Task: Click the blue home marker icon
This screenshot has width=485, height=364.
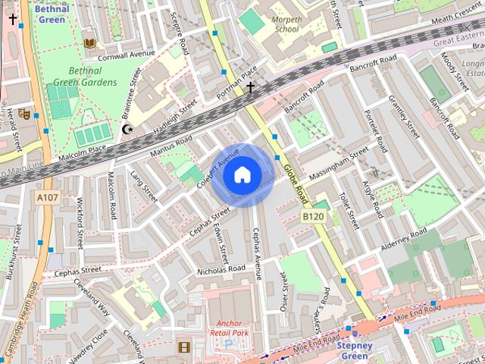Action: [242, 175]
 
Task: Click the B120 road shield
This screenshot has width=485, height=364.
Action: [314, 217]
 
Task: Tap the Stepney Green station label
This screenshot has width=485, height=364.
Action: [355, 350]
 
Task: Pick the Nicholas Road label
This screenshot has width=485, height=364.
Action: [221, 269]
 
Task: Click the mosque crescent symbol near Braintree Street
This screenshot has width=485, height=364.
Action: [127, 130]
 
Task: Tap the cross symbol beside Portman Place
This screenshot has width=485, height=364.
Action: [251, 88]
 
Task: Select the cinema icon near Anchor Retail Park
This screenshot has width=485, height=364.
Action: [183, 347]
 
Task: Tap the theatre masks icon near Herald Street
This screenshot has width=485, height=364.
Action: [26, 114]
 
